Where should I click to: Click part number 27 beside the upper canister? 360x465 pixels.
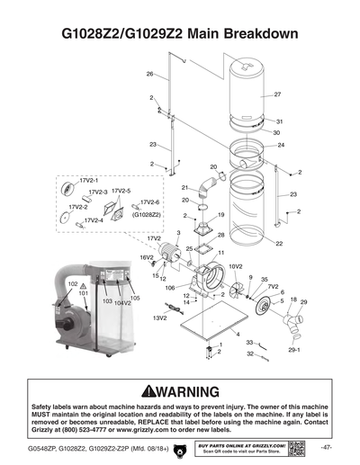tap(277, 94)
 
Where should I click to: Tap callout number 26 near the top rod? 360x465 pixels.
tap(150, 74)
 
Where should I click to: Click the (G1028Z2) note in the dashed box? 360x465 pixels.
tap(147, 215)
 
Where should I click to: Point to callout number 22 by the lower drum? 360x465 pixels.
tap(279, 244)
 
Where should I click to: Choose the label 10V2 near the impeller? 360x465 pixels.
tap(237, 266)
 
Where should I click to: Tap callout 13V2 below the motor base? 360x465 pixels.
tap(160, 317)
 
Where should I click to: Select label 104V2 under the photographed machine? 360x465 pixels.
tap(122, 303)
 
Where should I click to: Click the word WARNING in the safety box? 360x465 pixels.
tap(191, 393)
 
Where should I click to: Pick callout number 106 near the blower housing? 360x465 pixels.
tap(169, 288)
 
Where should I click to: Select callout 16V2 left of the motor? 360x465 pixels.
tap(147, 257)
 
